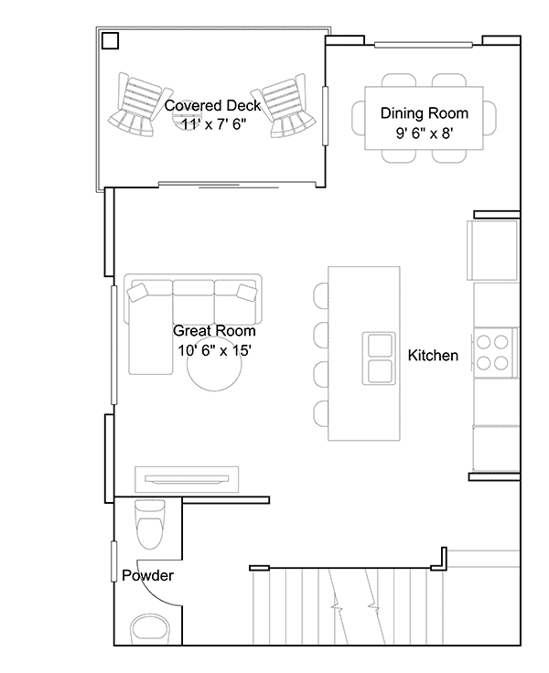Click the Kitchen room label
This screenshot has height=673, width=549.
(x=433, y=356)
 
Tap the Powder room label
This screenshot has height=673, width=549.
(x=148, y=575)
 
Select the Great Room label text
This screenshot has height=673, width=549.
(x=214, y=331)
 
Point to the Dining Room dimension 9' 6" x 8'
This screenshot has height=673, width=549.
(x=425, y=134)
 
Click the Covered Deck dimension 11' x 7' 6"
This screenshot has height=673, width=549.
(x=213, y=124)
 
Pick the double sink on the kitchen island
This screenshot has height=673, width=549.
(x=379, y=358)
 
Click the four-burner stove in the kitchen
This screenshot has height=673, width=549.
(x=495, y=352)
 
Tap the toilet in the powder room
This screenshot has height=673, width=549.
(x=150, y=525)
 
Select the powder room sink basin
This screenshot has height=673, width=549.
(x=150, y=630)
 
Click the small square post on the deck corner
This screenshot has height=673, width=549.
(x=111, y=41)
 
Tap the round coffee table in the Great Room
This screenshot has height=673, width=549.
(x=214, y=364)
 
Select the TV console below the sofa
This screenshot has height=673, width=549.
(x=187, y=479)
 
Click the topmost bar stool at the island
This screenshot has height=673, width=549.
(x=321, y=295)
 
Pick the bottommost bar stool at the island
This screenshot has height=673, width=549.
(x=321, y=413)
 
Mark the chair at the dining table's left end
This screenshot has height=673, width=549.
(x=359, y=118)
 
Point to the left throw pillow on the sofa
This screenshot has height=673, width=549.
(x=137, y=293)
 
